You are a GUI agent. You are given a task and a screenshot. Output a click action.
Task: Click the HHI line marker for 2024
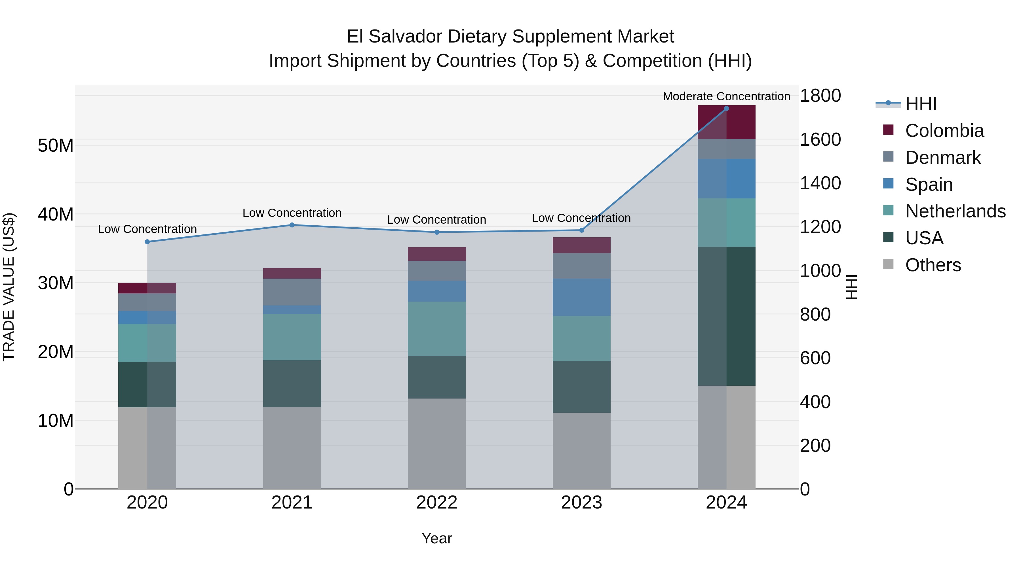coord(726,108)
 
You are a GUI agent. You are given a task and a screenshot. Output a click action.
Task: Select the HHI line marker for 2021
coord(292,225)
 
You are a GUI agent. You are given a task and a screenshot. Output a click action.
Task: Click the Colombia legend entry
coord(944,131)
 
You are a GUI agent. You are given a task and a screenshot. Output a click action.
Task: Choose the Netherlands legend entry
coord(955,211)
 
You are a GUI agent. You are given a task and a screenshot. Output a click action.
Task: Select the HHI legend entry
coord(921,104)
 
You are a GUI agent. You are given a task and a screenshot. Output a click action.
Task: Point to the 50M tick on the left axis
coord(56,145)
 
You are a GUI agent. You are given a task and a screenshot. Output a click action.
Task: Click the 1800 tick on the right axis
coord(820,96)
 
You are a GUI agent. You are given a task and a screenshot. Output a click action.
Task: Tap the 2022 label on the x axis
coord(437,503)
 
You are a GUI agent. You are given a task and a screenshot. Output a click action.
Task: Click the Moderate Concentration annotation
coord(726,96)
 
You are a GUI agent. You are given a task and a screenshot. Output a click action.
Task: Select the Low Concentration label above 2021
coord(292,213)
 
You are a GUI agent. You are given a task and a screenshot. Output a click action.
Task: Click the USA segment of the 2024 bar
coord(726,316)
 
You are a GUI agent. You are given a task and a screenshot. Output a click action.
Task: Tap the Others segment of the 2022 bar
coord(437,444)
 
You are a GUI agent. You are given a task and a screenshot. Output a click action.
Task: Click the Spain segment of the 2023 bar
coord(581,297)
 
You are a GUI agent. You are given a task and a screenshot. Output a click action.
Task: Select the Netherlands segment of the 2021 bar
coord(292,337)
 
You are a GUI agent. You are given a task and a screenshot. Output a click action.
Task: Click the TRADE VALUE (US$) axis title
coord(9,287)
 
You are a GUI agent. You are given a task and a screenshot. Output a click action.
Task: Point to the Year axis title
coord(437,538)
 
